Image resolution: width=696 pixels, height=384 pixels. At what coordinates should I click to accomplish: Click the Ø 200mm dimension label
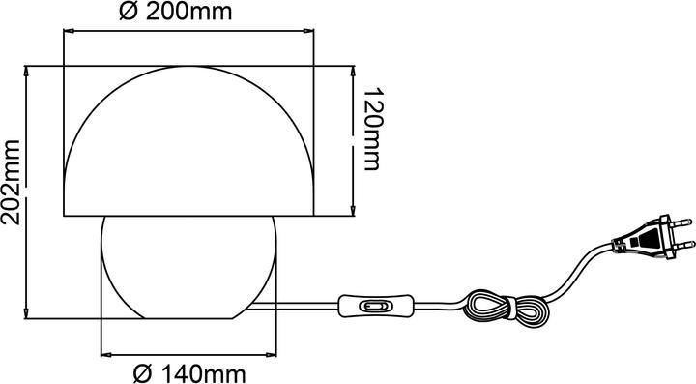[x=188, y=13]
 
